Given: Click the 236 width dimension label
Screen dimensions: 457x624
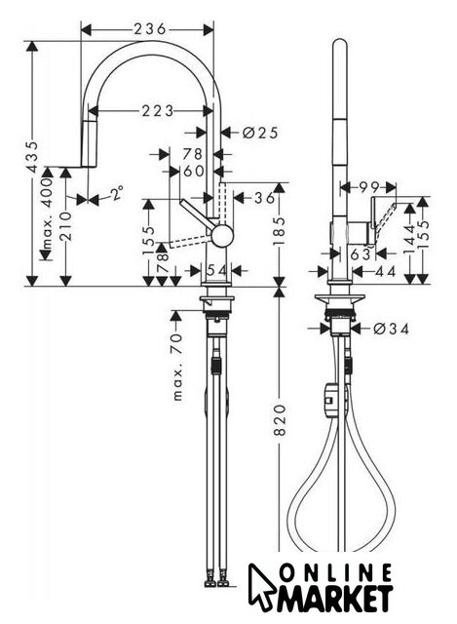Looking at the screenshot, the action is (149, 29).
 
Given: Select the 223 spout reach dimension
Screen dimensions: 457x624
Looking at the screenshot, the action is (158, 110).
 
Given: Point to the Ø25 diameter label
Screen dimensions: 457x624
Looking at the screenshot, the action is (260, 133).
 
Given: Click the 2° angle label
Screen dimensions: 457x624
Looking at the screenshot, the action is (116, 193).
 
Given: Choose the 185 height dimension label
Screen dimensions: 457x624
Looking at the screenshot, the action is (281, 231).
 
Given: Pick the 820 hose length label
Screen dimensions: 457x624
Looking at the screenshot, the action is (280, 420).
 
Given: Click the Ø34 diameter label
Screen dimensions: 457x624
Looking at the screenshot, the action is (392, 329).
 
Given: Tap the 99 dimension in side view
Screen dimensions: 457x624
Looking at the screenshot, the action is (369, 186).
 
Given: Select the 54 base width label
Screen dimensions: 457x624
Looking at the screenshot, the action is (217, 271).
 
